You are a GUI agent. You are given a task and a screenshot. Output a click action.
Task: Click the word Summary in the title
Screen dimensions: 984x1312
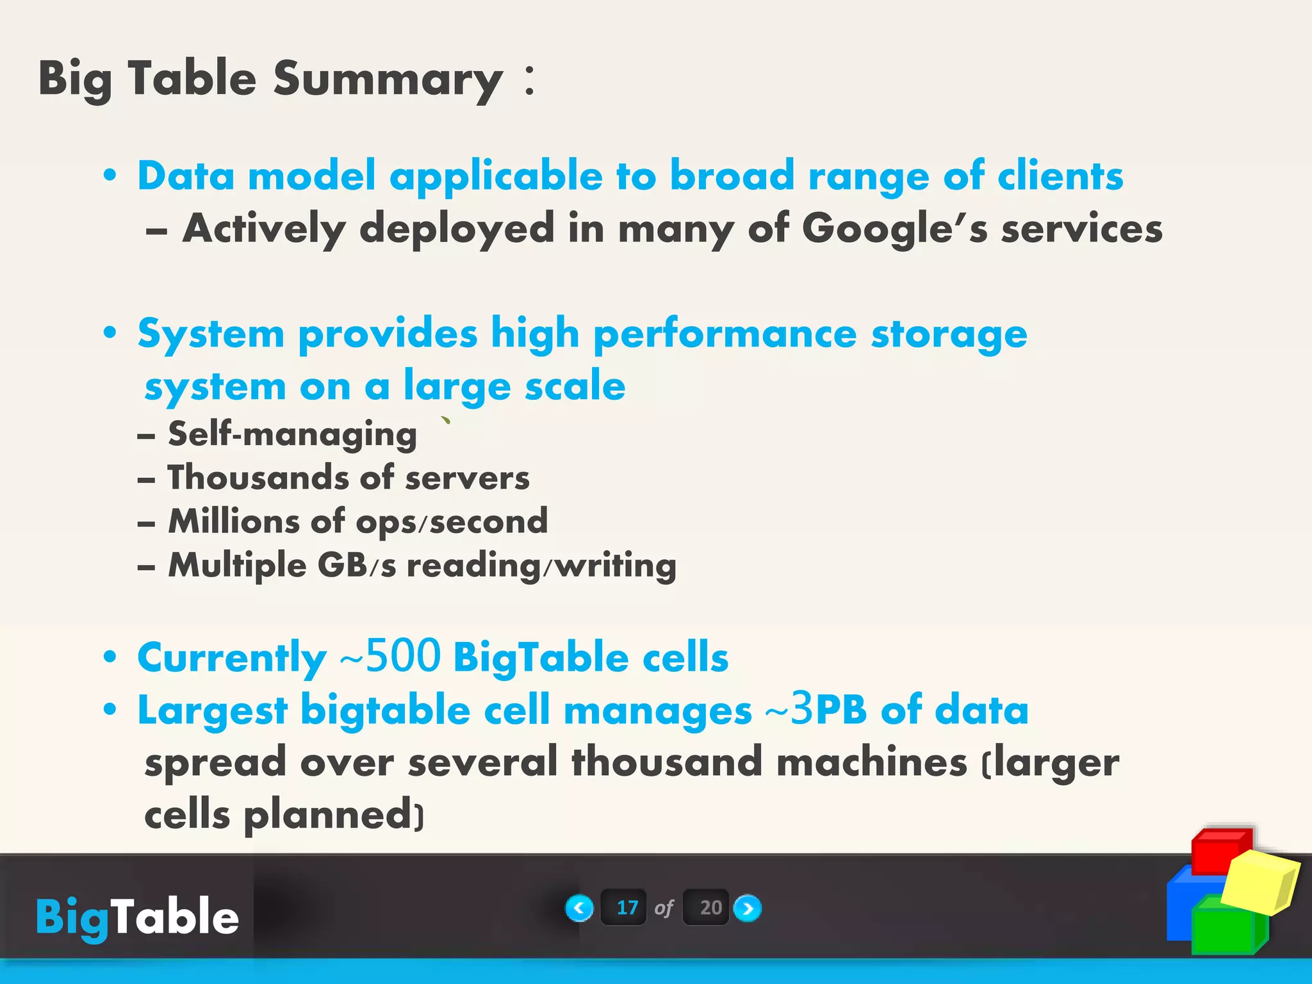(x=388, y=79)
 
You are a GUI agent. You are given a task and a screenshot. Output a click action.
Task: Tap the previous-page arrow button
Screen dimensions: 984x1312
(x=579, y=908)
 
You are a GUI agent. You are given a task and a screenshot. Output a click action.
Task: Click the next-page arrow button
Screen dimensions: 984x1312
(x=747, y=908)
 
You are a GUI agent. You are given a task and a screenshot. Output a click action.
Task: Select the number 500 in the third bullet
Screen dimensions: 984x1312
(x=403, y=657)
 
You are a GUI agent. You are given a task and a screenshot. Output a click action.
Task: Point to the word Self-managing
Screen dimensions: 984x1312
(x=292, y=435)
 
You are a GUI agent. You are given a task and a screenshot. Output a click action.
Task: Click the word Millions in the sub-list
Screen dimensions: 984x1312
(x=234, y=521)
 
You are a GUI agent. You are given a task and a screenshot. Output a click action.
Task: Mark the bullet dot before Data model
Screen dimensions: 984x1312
(x=110, y=176)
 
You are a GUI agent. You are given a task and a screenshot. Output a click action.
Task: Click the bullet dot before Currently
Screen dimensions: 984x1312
(x=110, y=657)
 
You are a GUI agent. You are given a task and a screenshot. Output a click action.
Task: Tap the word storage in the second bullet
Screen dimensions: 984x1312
(x=948, y=335)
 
